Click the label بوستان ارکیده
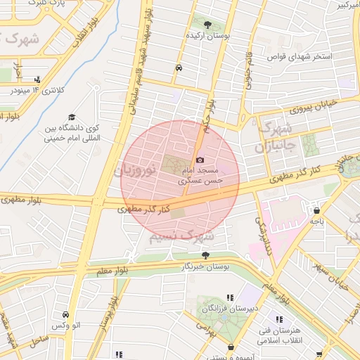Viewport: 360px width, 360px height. click(205, 34)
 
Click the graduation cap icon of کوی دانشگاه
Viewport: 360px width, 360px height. click(72, 117)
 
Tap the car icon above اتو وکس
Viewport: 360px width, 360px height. click(65, 315)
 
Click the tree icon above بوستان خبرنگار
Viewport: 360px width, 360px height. click(205, 255)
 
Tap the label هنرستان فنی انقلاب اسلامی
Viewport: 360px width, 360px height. click(289, 335)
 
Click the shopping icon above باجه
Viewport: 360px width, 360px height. click(317, 210)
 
